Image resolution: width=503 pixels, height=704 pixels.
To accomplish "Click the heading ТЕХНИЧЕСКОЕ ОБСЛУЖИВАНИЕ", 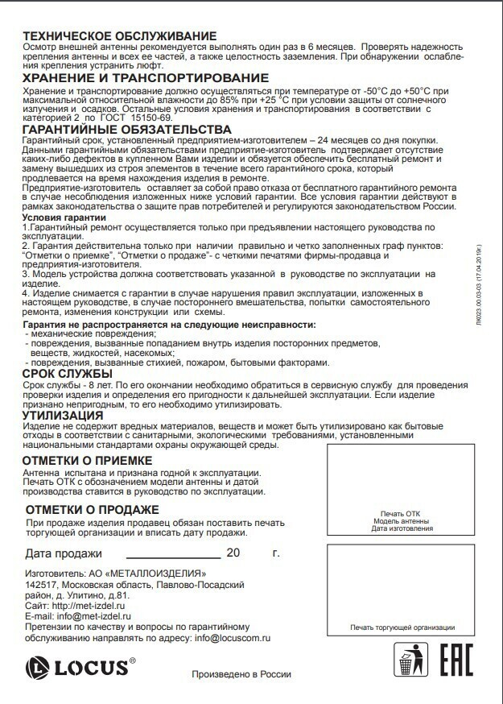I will pyautogui.click(x=120, y=35).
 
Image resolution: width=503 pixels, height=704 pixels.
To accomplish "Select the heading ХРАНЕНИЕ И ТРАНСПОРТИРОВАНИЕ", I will pyautogui.click(x=146, y=77).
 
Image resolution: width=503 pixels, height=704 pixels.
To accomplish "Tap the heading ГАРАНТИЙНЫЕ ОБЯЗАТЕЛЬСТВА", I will pyautogui.click(x=127, y=129).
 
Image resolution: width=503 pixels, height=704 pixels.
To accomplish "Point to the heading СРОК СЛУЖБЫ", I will pyautogui.click(x=67, y=374).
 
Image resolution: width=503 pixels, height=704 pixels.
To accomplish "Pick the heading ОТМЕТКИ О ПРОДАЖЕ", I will pyautogui.click(x=92, y=510).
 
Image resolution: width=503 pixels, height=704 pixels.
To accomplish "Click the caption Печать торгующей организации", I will pyautogui.click(x=402, y=627).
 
